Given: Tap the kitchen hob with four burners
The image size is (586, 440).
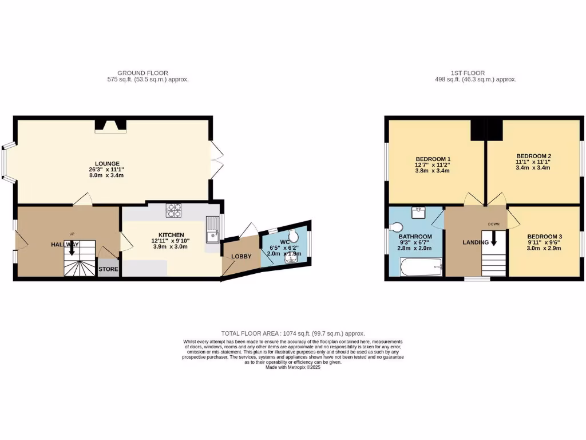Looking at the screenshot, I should coord(174,211).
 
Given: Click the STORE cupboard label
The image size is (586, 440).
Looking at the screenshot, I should coord(108,269).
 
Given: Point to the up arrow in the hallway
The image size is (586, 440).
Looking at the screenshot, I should coord(72,248).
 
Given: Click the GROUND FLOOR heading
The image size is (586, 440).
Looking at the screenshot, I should coord(142,73).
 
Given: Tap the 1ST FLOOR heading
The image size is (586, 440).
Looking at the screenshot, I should coord(468,73).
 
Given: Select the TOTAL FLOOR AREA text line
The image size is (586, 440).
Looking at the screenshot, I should coord(293,333).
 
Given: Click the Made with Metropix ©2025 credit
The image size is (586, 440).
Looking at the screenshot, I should coord(293,367).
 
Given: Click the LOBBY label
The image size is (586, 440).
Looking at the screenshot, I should coord(241,256).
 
